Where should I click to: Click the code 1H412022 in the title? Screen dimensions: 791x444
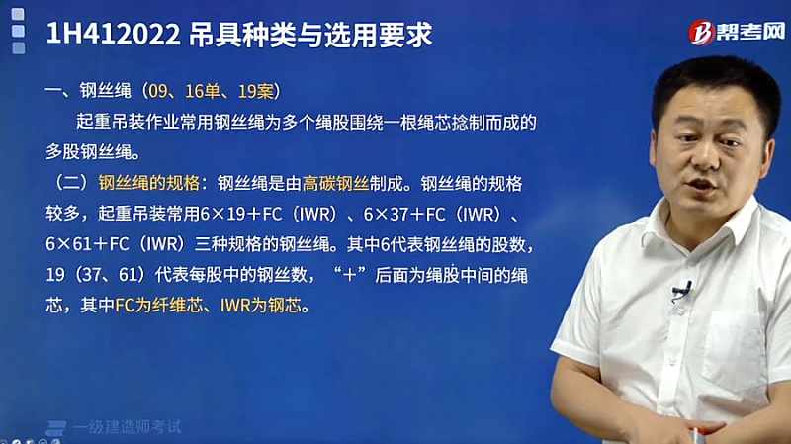113,35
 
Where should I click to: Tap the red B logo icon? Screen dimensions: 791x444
701,33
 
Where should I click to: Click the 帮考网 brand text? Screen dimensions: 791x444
750,32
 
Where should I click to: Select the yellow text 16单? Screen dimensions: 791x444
203,91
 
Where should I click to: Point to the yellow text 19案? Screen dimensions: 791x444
255,91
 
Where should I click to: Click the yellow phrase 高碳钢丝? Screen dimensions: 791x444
335,183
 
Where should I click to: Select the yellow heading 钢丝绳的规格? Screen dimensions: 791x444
149,183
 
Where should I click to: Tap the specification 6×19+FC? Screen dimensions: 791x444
240,214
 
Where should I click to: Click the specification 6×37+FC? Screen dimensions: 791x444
404,214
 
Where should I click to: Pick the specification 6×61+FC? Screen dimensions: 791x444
87,244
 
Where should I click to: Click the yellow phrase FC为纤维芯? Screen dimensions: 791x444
158,306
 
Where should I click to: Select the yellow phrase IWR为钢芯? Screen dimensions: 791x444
260,306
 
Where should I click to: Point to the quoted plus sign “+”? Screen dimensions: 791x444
349,275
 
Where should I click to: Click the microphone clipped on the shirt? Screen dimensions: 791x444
683,290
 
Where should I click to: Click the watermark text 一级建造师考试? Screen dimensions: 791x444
127,427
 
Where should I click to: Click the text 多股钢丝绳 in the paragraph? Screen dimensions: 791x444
89,152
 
